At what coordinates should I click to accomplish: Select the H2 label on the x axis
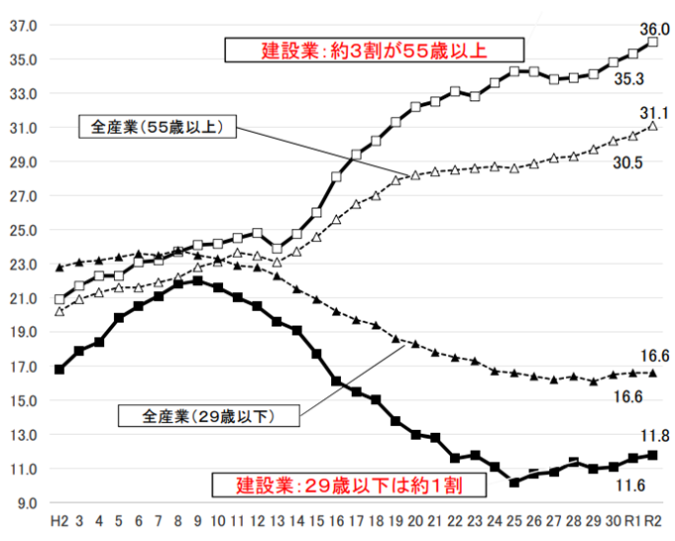point(59,520)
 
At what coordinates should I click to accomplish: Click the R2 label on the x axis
point(652,520)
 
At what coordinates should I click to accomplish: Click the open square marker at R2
point(652,43)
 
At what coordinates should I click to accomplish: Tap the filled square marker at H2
point(59,370)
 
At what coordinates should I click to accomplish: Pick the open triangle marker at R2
point(652,126)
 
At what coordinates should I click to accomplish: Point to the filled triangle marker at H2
point(59,268)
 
